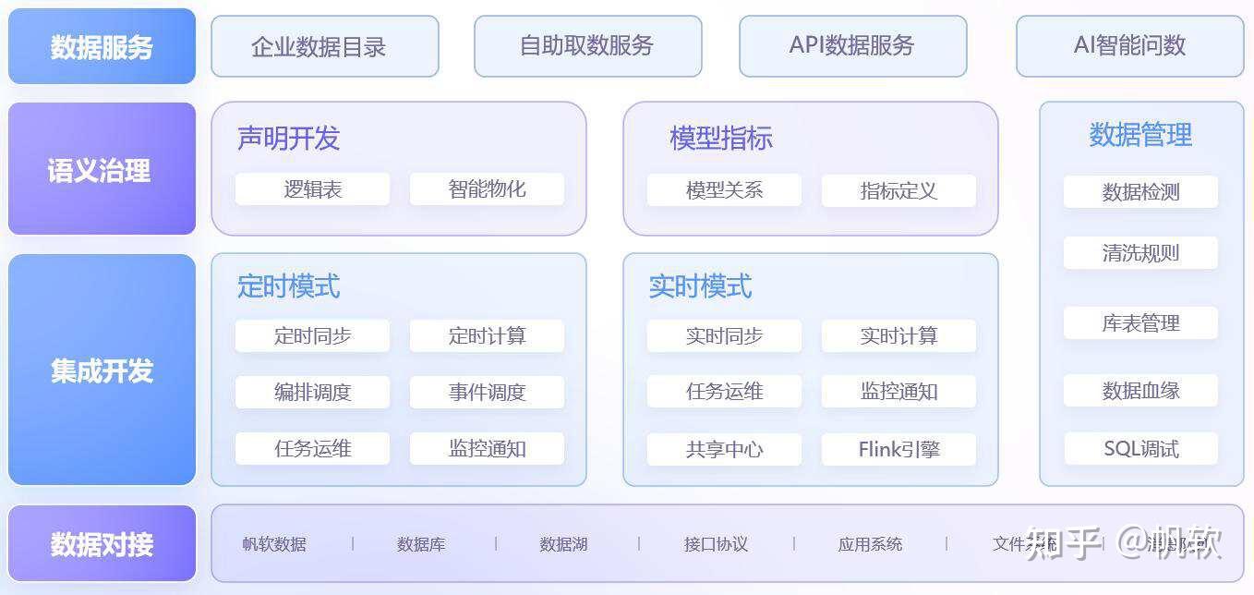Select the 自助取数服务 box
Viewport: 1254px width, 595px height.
(x=587, y=46)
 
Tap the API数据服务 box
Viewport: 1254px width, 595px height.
(x=852, y=46)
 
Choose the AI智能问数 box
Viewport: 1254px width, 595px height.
(x=1129, y=46)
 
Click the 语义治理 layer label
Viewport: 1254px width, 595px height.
(x=102, y=170)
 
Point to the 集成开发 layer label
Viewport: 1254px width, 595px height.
(x=102, y=370)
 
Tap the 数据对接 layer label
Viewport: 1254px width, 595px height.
(x=102, y=544)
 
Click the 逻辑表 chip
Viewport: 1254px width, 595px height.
(x=312, y=189)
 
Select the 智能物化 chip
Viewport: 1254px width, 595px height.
(x=487, y=189)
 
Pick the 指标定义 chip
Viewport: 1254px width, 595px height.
(x=898, y=191)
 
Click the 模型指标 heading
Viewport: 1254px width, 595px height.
(x=720, y=139)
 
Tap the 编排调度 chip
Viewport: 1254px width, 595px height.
(x=312, y=393)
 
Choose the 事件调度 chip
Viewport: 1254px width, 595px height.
(x=487, y=393)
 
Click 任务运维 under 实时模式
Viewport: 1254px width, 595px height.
(x=724, y=392)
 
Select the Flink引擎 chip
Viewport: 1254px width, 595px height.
(x=898, y=450)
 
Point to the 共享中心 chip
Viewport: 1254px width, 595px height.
(x=724, y=450)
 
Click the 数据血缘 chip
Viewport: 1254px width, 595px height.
(x=1140, y=391)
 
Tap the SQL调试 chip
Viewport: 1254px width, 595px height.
(x=1140, y=450)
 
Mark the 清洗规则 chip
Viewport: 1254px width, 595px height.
(x=1140, y=253)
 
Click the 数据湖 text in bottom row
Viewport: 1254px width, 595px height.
(x=563, y=544)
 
